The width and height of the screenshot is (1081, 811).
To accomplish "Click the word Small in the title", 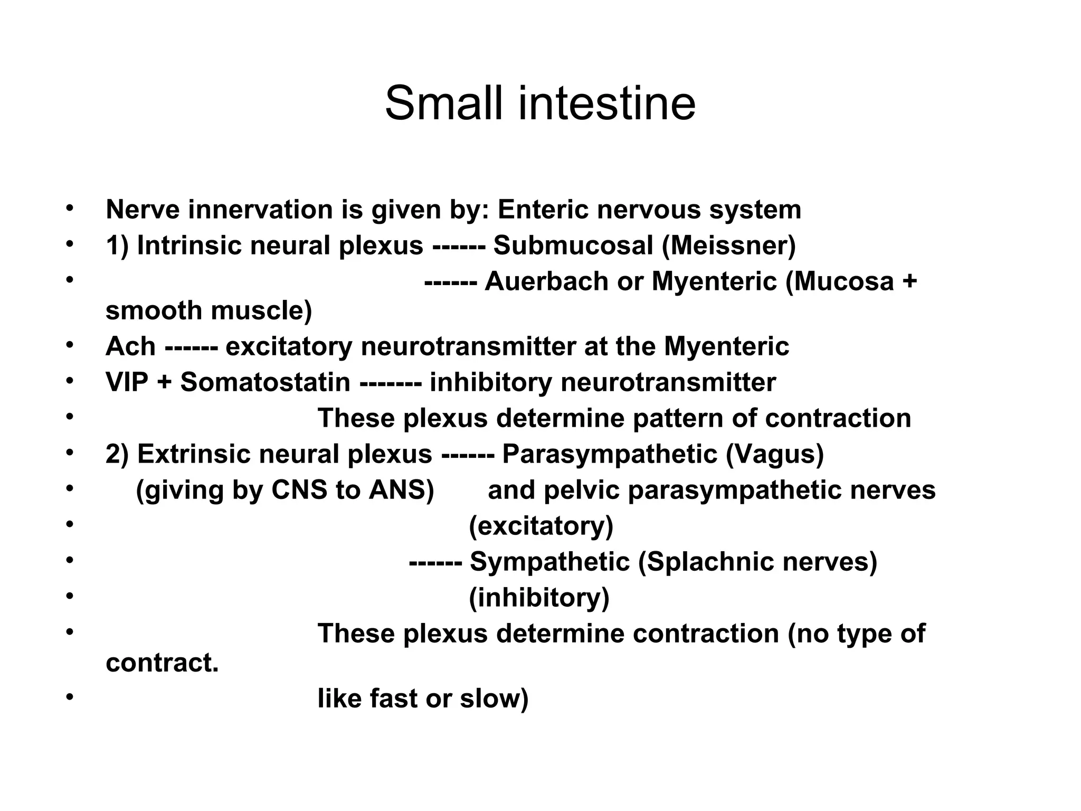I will tap(446, 103).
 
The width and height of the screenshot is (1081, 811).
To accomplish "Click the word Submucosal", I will tap(573, 246).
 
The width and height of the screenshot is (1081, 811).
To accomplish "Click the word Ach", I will tap(130, 347).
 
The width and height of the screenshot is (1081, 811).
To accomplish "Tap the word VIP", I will tap(127, 382).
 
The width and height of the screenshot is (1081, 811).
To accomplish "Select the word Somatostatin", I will tap(265, 382).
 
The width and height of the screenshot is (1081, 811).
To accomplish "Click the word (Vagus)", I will tap(774, 454).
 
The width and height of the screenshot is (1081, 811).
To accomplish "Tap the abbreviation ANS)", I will tap(401, 490).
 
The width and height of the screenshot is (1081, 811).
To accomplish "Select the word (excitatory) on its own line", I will tap(541, 526).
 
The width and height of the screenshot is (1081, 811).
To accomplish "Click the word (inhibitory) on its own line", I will tap(539, 598).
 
